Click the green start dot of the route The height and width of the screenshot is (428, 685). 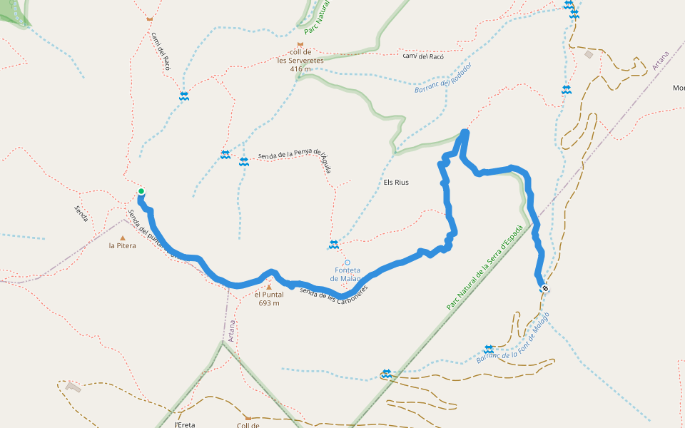[x=141, y=191]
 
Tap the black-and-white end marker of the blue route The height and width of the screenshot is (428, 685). [x=545, y=289]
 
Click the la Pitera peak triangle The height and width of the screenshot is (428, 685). [x=122, y=238]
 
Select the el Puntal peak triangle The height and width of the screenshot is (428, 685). [x=269, y=287]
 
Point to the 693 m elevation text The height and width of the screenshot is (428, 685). [x=269, y=303]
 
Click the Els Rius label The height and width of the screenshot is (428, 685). [x=396, y=182]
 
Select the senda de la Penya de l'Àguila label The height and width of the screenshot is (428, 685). [x=295, y=155]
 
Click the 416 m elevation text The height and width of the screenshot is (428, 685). [x=300, y=69]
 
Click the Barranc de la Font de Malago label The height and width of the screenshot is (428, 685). [x=512, y=337]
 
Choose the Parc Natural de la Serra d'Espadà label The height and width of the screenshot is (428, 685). [x=485, y=267]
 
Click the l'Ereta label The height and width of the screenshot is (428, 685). [x=185, y=424]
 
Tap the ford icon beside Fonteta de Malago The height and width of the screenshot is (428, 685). [x=333, y=245]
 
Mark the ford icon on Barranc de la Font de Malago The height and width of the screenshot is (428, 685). [x=489, y=350]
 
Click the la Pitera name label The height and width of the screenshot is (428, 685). [x=122, y=246]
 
